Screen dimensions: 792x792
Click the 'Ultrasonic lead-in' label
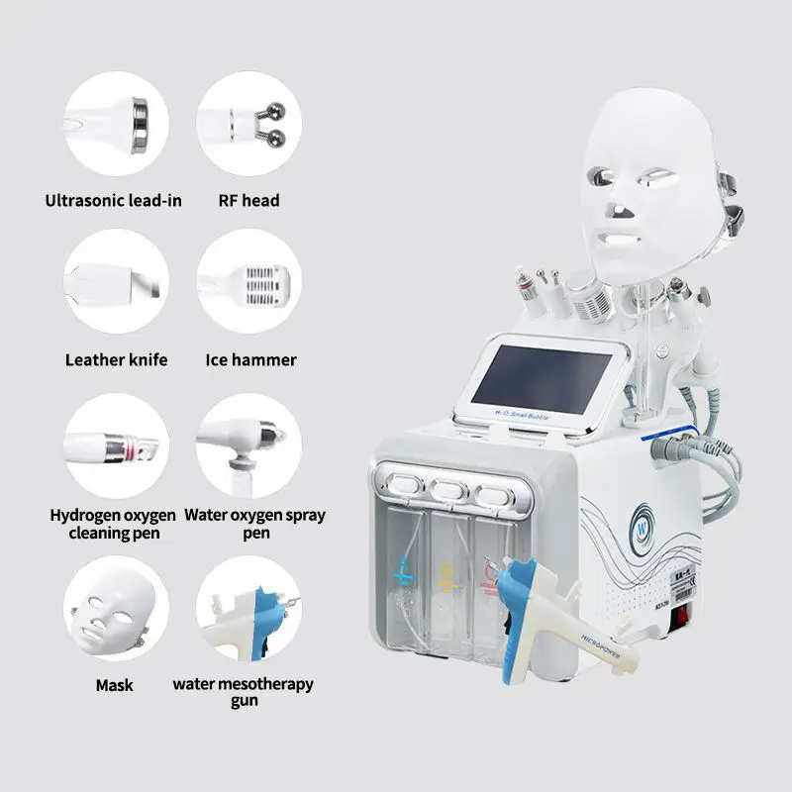click(x=114, y=200)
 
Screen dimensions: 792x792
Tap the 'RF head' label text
click(x=248, y=200)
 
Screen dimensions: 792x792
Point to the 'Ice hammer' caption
click(x=250, y=359)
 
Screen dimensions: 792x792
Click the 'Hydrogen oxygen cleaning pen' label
click(x=113, y=524)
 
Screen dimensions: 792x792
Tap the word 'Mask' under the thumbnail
click(x=114, y=684)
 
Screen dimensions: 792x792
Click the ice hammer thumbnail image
click(x=247, y=281)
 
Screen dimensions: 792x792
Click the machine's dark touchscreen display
click(x=541, y=377)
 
